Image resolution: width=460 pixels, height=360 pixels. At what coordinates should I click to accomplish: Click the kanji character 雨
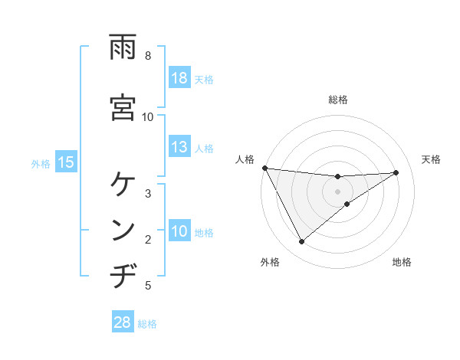123,47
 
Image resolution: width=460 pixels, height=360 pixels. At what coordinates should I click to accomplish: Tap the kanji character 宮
123,106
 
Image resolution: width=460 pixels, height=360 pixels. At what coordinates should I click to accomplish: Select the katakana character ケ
123,185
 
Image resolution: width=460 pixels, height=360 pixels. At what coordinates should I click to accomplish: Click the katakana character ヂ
123,275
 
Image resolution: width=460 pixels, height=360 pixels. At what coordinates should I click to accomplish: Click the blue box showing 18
179,78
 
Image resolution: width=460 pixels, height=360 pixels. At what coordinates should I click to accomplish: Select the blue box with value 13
179,147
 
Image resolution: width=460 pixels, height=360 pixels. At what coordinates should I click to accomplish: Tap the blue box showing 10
179,231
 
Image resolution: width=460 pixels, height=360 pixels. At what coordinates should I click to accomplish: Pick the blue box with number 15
65,162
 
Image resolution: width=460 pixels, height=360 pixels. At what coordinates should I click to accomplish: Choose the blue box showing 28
123,323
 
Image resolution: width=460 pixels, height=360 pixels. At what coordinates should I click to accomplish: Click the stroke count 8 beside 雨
148,56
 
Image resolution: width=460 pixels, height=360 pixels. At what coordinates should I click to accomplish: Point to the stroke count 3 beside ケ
148,193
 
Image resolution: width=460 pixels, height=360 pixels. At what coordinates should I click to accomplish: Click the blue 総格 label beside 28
147,324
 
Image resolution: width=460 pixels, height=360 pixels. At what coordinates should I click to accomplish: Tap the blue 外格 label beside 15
41,163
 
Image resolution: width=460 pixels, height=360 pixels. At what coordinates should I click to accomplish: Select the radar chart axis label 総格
337,100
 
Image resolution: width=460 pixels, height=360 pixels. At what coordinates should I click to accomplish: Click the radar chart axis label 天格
431,159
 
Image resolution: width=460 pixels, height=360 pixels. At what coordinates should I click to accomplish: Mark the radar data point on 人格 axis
264,168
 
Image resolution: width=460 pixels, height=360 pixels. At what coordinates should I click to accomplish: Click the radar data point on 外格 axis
301,242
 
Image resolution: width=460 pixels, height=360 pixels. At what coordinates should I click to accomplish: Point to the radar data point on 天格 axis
396,172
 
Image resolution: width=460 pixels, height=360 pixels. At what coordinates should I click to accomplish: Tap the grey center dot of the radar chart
337,191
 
